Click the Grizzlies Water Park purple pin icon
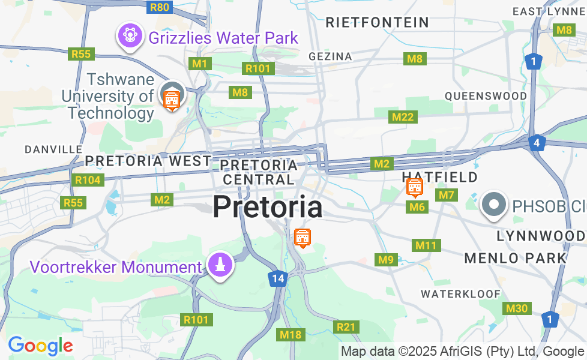click(x=130, y=35)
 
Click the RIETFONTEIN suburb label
click(x=378, y=23)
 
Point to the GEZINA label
click(x=330, y=56)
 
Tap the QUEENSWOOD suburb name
click(x=486, y=96)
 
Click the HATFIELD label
click(x=440, y=177)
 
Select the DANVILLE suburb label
click(x=54, y=149)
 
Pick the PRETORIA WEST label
click(x=148, y=161)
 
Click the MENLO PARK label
click(x=516, y=258)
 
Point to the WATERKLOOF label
click(x=460, y=294)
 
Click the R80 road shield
click(x=160, y=7)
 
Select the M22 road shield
click(x=402, y=117)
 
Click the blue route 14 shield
click(x=277, y=278)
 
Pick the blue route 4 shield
click(x=537, y=143)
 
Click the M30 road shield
click(x=516, y=308)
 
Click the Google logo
click(x=40, y=346)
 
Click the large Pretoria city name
click(x=267, y=207)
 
